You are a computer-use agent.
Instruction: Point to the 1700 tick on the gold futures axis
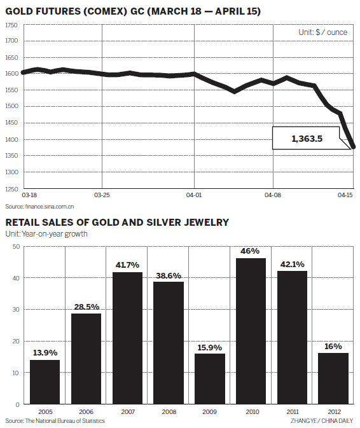[x=11, y=41]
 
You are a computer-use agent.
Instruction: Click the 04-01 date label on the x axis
[x=195, y=197]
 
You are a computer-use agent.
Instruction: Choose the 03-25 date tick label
[x=102, y=197]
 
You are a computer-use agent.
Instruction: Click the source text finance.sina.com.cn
[x=40, y=207]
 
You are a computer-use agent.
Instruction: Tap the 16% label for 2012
[x=333, y=347]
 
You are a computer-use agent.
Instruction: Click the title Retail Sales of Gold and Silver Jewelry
[x=118, y=223]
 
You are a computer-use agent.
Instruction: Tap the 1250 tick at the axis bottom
[x=11, y=189]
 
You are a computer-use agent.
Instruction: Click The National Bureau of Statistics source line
[x=55, y=421]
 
